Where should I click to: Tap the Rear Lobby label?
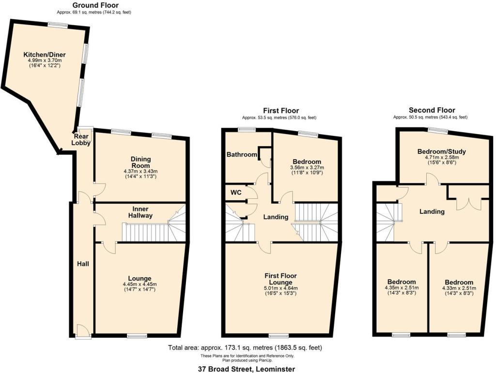(x=81, y=139)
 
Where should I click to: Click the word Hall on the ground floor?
(x=82, y=264)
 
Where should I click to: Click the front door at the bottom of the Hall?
(x=83, y=331)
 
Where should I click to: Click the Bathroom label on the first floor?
(x=242, y=154)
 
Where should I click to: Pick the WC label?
(x=236, y=192)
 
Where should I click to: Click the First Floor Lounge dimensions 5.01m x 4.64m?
(x=281, y=288)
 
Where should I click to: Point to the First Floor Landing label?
(x=276, y=217)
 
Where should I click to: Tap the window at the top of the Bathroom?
(x=247, y=129)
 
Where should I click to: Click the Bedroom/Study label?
(x=438, y=151)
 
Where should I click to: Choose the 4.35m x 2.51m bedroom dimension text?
(x=402, y=288)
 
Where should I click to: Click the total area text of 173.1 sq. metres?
(x=245, y=347)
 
